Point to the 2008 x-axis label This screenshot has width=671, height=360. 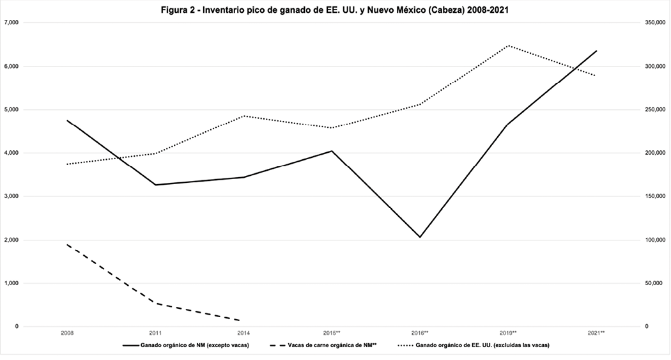[x=67, y=333]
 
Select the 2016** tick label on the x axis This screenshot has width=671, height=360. [x=420, y=333]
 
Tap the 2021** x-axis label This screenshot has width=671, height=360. [x=596, y=333]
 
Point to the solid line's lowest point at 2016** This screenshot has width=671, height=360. [x=420, y=237]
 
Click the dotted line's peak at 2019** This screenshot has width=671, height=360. [x=508, y=45]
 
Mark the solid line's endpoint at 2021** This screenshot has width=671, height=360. [x=596, y=51]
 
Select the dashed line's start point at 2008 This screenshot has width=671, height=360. [x=67, y=245]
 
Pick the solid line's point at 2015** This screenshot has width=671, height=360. [x=332, y=151]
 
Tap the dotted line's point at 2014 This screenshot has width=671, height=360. [x=243, y=116]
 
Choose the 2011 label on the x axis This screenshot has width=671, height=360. [x=155, y=333]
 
